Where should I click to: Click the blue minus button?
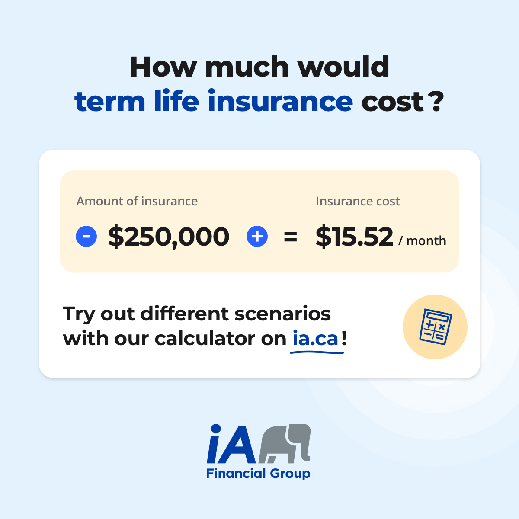[86, 236]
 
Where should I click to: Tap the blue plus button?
[257, 236]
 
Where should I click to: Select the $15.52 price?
[354, 237]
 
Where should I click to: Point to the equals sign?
[290, 237]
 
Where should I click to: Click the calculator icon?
[436, 327]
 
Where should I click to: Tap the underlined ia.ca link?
[315, 339]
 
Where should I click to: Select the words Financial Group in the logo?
[258, 474]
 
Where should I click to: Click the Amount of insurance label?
[137, 201]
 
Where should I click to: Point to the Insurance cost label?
[358, 201]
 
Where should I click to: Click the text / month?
[422, 240]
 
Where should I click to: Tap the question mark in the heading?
[437, 101]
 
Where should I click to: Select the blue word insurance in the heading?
[280, 100]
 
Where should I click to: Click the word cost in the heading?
[392, 102]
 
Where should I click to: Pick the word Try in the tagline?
[79, 314]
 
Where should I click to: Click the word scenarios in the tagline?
[282, 314]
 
